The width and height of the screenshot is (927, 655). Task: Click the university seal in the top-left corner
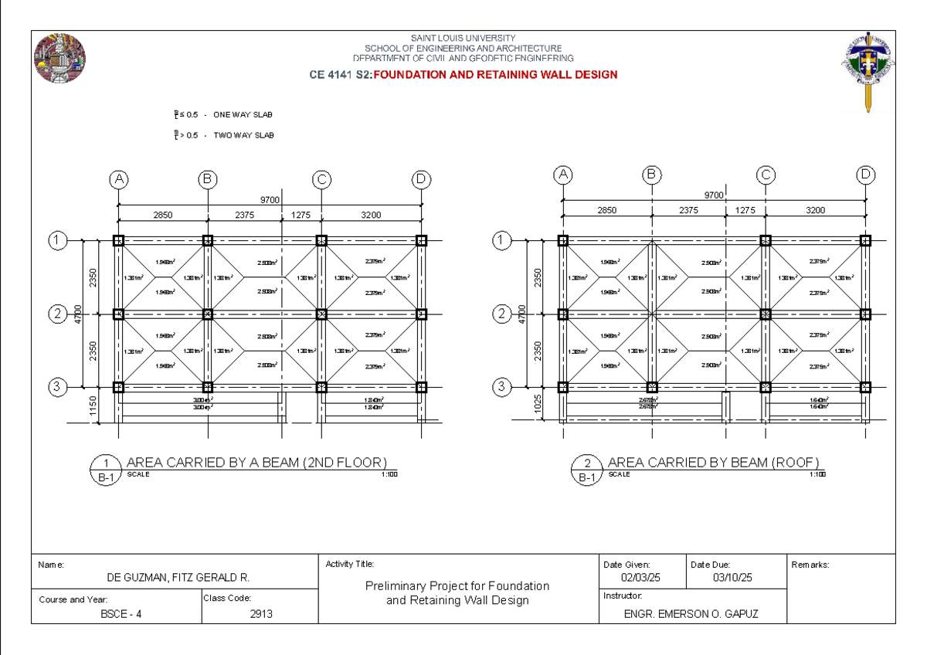pyautogui.click(x=59, y=59)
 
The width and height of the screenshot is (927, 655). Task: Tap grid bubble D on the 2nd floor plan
pyautogui.click(x=420, y=180)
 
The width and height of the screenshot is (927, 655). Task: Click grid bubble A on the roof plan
pyautogui.click(x=563, y=175)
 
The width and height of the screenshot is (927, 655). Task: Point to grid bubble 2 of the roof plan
pyautogui.click(x=503, y=314)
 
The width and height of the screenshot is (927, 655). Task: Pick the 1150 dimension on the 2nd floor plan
pyautogui.click(x=93, y=405)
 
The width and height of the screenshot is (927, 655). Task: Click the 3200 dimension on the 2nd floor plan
pyautogui.click(x=371, y=216)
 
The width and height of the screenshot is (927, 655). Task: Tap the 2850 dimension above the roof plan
pyautogui.click(x=607, y=210)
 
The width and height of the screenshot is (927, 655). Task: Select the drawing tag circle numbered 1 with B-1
pyautogui.click(x=105, y=470)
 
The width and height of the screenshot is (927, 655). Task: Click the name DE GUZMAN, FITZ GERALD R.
pyautogui.click(x=178, y=578)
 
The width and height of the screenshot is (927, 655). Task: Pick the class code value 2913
pyautogui.click(x=260, y=614)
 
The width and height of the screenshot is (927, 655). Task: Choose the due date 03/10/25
pyautogui.click(x=732, y=578)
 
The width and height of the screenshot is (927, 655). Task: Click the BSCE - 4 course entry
pyautogui.click(x=121, y=614)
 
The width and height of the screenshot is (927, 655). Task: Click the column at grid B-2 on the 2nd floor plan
pyautogui.click(x=208, y=314)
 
